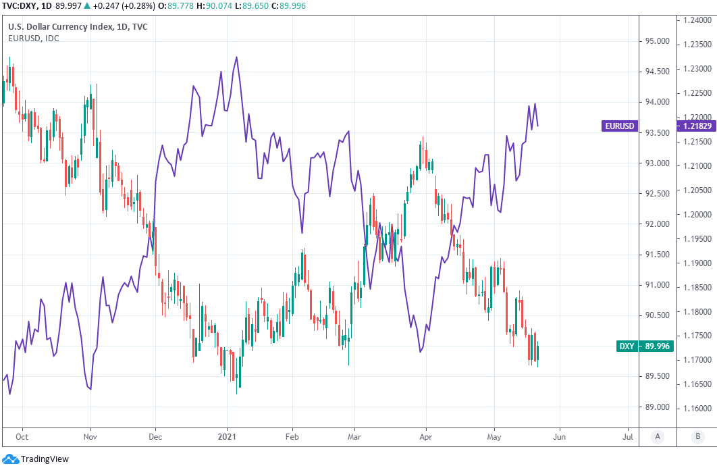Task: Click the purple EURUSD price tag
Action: [619, 126]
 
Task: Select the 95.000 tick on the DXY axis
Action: [658, 41]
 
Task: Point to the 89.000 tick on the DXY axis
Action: [658, 407]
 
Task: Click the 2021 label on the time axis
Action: [227, 436]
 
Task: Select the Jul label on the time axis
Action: [628, 436]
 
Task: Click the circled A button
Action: [658, 436]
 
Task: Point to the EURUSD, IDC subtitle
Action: [33, 38]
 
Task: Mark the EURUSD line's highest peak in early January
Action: [236, 57]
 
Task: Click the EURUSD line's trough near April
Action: [421, 352]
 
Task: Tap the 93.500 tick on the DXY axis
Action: [658, 132]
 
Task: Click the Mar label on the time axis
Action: [355, 436]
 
